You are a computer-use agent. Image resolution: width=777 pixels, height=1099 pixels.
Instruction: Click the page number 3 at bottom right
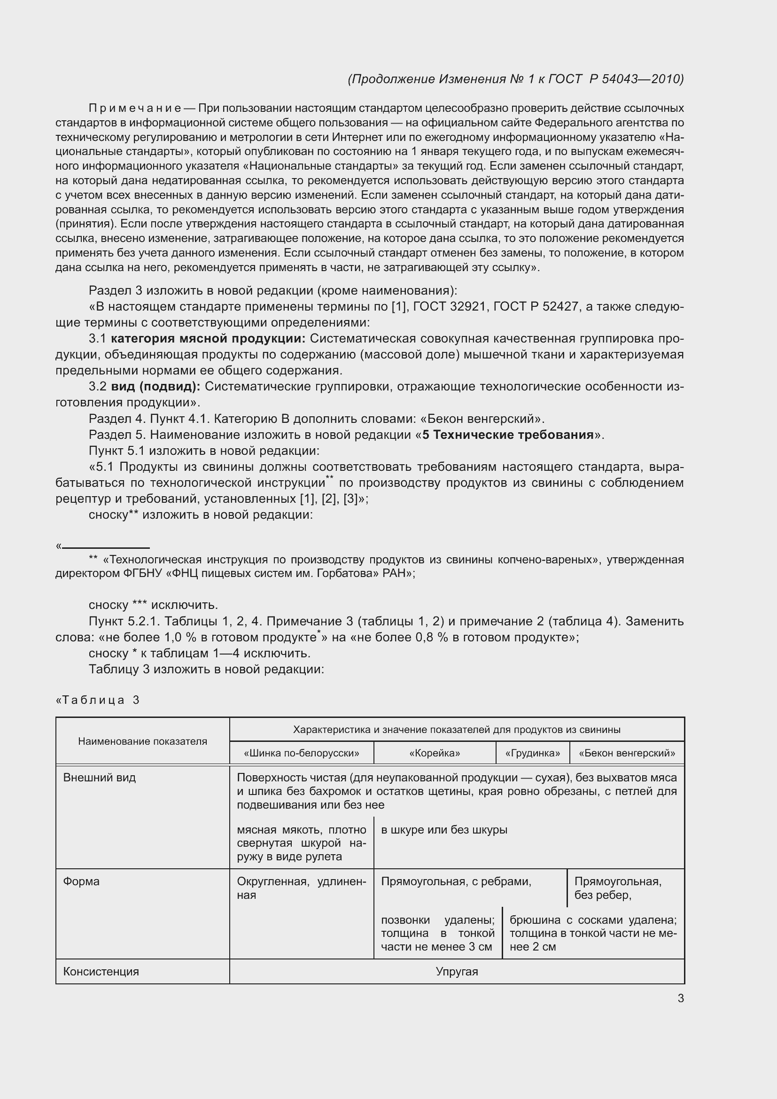click(x=680, y=998)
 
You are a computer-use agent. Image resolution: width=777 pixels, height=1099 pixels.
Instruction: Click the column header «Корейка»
click(x=435, y=753)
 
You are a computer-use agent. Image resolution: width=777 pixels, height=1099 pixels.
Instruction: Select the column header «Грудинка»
click(x=533, y=753)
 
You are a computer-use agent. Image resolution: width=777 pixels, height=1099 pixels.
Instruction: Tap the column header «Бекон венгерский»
click(x=627, y=753)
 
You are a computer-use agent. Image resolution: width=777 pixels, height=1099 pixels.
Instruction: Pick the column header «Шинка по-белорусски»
click(x=302, y=753)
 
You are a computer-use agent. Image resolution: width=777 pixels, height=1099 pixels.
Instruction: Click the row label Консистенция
click(x=101, y=971)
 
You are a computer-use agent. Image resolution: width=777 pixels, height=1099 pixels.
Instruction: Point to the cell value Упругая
click(x=457, y=971)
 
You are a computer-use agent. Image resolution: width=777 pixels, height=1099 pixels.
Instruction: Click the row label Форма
click(x=81, y=881)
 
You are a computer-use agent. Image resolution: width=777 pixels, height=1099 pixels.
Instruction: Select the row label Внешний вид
click(x=100, y=777)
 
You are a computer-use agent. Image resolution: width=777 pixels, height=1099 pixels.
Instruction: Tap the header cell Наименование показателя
click(x=143, y=741)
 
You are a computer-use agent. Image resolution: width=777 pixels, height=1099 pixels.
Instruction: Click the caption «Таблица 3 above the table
click(x=98, y=700)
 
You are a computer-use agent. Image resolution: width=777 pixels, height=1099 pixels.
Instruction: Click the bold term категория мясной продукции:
click(x=208, y=338)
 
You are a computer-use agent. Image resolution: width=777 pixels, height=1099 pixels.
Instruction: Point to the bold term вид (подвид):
click(x=155, y=386)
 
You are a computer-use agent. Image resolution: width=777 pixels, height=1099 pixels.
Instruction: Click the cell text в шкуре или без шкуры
click(x=444, y=829)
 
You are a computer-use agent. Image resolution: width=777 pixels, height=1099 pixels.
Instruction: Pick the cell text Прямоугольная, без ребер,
click(x=618, y=888)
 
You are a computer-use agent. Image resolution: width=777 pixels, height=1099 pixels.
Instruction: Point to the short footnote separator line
click(x=106, y=547)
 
